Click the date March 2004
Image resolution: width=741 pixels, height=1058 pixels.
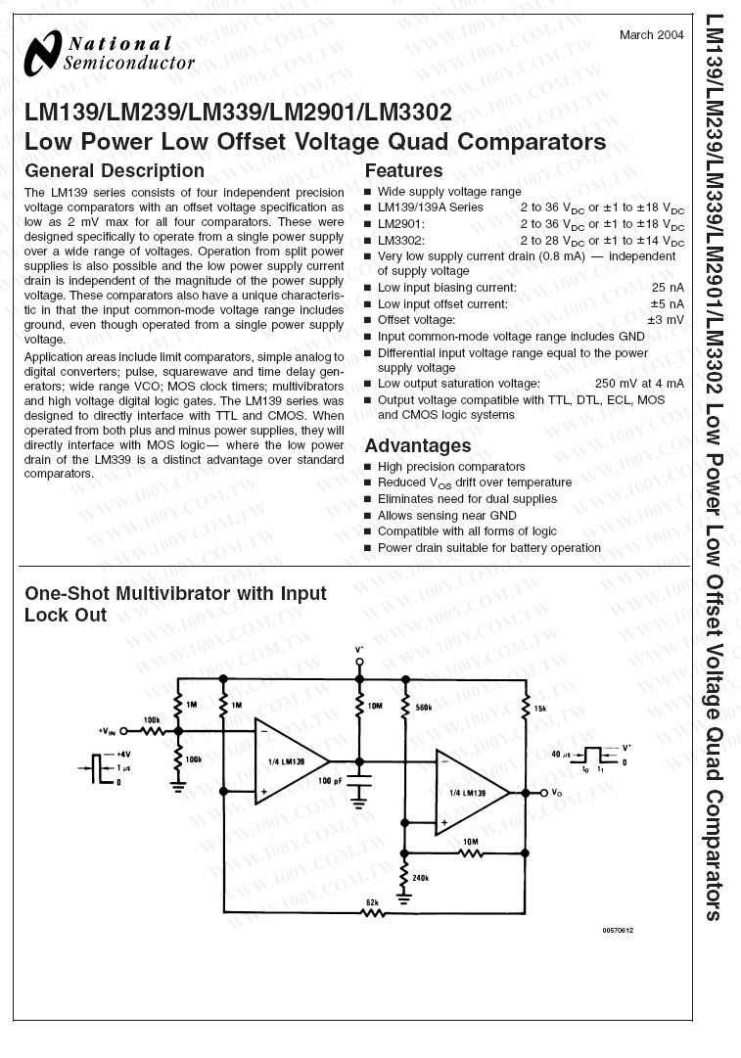pos(651,35)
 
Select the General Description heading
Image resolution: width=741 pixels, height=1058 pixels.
pos(114,171)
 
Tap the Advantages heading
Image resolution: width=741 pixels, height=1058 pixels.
pos(418,446)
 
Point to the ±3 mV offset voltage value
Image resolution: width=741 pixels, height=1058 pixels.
pos(666,320)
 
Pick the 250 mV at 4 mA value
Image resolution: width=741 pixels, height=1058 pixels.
pos(639,384)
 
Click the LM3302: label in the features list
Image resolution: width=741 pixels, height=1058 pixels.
pos(401,240)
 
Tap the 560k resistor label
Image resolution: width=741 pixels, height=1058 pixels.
pos(424,707)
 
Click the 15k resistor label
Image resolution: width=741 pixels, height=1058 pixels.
pos(540,707)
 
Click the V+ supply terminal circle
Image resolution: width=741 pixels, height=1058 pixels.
pos(359,662)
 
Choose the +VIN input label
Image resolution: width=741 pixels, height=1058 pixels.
pos(107,731)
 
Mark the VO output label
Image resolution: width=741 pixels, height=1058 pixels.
pos(557,792)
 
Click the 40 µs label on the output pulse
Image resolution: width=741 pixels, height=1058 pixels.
pos(561,754)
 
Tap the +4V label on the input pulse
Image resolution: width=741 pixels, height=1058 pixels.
pos(122,755)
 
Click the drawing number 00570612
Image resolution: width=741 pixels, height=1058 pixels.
pos(619,930)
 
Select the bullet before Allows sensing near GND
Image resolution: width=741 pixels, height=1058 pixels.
pos(368,516)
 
